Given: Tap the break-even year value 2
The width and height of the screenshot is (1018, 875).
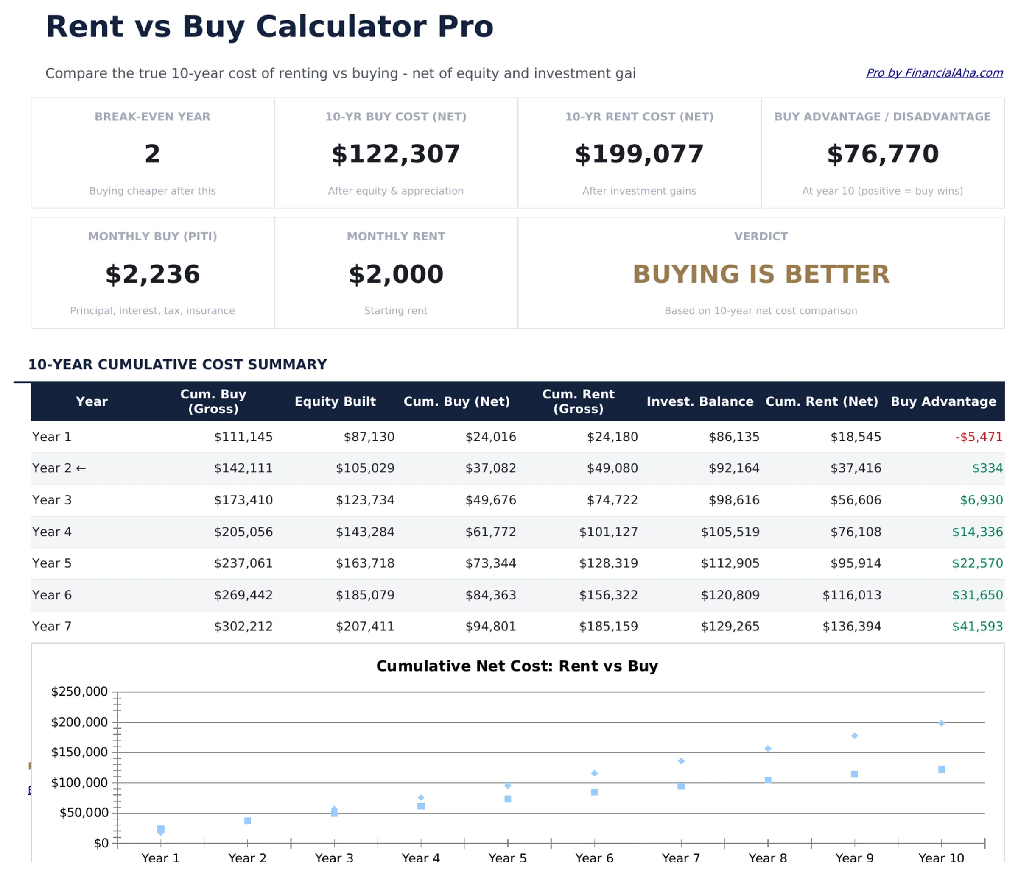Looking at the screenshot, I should pos(152,154).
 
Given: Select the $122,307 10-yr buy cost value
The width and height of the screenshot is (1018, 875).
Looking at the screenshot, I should pos(395,154).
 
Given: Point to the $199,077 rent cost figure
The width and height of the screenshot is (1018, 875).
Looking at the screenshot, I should pos(639,154).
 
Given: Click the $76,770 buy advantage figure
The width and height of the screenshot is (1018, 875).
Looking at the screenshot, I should pos(882,154).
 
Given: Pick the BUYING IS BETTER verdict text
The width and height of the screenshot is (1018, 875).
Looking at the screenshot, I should pos(761,274).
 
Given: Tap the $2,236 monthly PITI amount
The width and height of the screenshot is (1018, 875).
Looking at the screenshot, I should pos(152,274).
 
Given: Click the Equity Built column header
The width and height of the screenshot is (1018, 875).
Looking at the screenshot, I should pos(335,401).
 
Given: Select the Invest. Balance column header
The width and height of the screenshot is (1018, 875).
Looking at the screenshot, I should pos(699,401).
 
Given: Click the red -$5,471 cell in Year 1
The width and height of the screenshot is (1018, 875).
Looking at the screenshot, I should pos(978,437).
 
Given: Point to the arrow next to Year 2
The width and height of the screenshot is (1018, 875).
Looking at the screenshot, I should pos(81,468).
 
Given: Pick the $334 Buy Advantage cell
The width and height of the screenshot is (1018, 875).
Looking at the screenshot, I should pos(987,468).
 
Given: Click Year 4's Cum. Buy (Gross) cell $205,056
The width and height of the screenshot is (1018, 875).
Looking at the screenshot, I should pos(243,531).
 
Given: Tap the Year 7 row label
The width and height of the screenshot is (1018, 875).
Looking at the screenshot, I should pos(52,626).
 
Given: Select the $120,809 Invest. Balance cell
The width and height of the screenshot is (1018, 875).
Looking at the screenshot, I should pos(730,595).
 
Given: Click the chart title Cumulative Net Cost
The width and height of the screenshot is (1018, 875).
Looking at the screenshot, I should pos(517,666).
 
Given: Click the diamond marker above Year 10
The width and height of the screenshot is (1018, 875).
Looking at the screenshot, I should pos(941,723).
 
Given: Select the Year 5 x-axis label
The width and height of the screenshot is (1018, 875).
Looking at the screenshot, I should pos(507,858).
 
